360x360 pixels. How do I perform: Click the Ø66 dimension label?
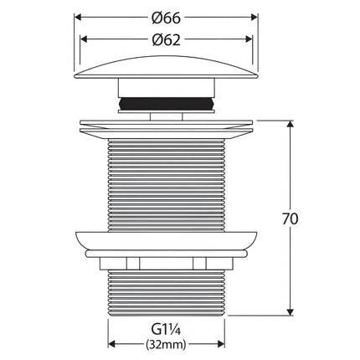167,18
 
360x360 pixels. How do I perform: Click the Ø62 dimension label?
167,40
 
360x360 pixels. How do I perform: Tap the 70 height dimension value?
291,219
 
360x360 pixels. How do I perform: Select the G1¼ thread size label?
167,330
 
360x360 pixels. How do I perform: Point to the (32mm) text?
166,345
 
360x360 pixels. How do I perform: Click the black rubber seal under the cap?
167,104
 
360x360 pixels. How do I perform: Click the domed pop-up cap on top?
167,68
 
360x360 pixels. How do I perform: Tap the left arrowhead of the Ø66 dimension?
78,18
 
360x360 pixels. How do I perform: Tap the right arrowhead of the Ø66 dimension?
255,18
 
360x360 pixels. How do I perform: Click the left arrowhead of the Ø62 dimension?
84,39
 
